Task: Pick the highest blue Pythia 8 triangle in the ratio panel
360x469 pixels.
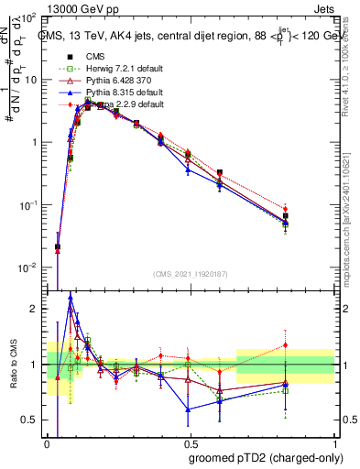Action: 71,297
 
